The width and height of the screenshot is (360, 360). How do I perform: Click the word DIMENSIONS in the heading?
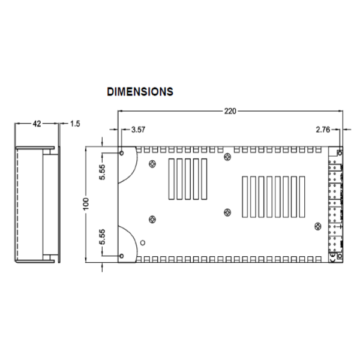(x=140, y=92)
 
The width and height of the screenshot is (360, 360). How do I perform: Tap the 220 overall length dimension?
(x=230, y=110)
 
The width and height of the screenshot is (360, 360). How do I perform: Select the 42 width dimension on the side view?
(x=36, y=124)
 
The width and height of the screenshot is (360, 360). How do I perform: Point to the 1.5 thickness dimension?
(x=75, y=124)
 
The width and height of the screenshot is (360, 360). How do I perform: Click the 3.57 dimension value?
(x=138, y=129)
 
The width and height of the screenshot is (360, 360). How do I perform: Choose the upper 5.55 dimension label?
(x=103, y=172)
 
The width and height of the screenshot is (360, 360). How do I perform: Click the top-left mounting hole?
(x=122, y=152)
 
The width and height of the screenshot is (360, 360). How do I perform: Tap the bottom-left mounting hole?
(x=122, y=256)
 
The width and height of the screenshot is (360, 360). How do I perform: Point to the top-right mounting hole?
(x=340, y=152)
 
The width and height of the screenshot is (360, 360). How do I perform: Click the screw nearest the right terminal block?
(x=317, y=225)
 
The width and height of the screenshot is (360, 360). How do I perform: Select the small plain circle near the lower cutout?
(x=142, y=242)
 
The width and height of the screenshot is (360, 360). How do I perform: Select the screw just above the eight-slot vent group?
(x=227, y=157)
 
